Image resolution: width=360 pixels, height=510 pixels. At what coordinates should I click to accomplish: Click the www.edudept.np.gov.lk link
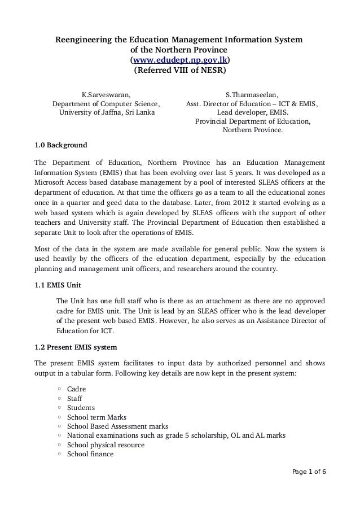tap(179, 61)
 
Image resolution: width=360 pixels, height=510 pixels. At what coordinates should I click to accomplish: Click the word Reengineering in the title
tap(81, 41)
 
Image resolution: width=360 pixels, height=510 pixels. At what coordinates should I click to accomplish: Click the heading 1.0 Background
tap(61, 145)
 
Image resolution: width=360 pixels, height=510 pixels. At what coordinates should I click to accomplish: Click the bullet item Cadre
tap(77, 389)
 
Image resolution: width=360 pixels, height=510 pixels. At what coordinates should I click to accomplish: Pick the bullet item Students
tap(81, 408)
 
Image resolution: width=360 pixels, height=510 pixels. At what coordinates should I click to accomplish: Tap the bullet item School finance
tap(90, 454)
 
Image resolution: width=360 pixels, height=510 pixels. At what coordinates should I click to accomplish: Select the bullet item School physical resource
tap(106, 445)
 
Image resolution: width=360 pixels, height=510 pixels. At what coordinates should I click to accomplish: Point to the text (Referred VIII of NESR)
tap(179, 71)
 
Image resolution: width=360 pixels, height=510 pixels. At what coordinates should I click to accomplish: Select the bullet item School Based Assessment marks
tap(117, 426)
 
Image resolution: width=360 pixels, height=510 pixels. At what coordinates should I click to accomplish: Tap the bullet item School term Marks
tap(96, 417)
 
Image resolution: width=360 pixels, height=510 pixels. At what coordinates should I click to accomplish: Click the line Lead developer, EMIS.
tap(252, 112)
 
